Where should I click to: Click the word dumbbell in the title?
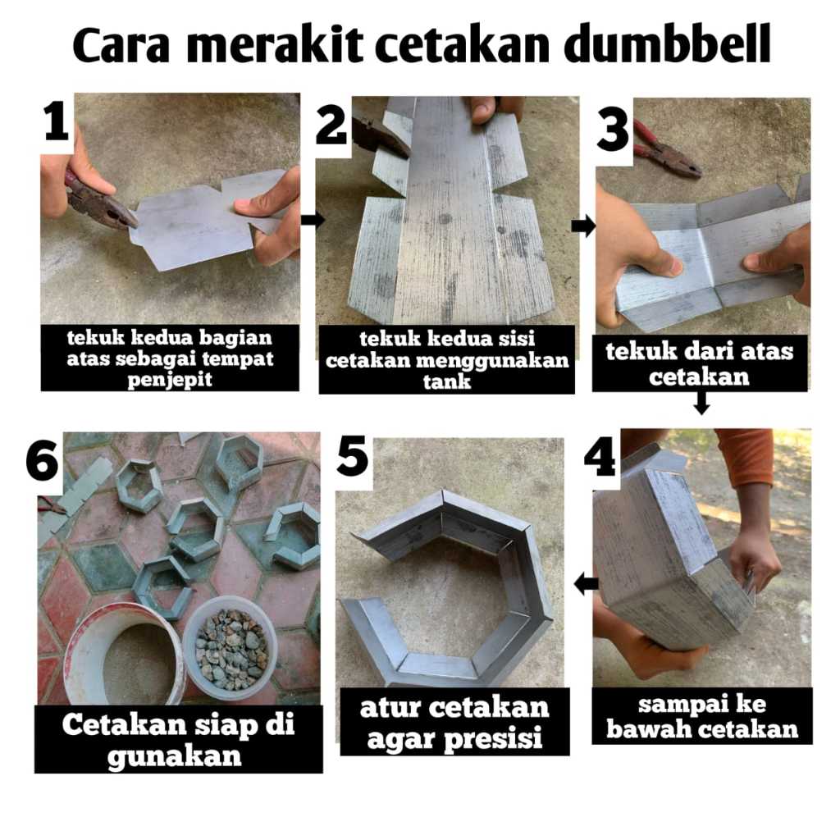coord(668,43)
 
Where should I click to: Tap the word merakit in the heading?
coord(275,43)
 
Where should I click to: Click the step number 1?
coord(56,121)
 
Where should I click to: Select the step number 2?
coord(331,126)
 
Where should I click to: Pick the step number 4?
coord(600,456)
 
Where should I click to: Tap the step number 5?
coord(352,456)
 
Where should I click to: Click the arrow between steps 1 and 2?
coord(313,219)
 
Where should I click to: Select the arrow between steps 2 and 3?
coord(583,226)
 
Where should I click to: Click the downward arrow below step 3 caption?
coord(701,403)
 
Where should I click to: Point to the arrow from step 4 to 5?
coord(586,583)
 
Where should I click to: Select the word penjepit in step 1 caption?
coord(170,380)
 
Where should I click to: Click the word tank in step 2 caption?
coord(446,382)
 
